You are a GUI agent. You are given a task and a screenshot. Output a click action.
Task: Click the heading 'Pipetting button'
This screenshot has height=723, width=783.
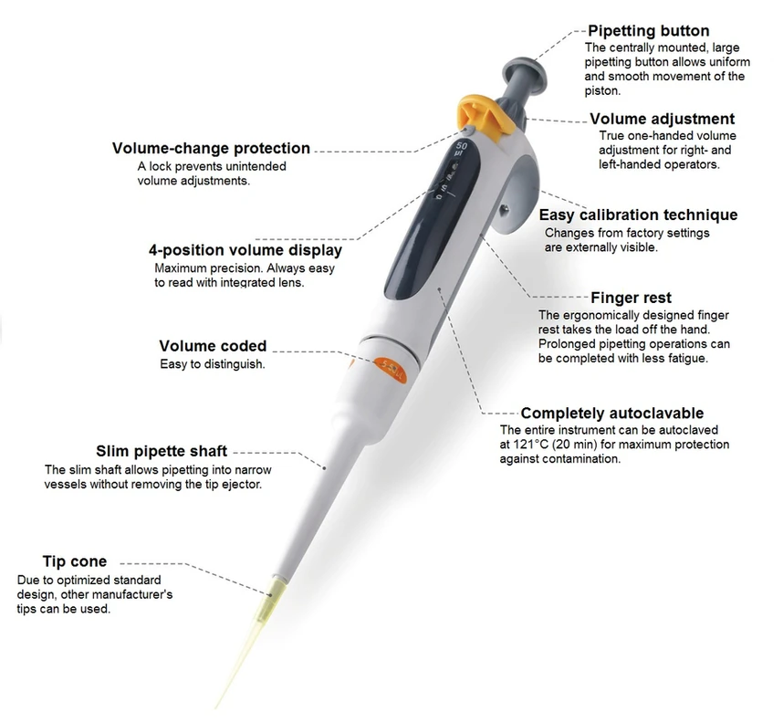pyautogui.click(x=648, y=31)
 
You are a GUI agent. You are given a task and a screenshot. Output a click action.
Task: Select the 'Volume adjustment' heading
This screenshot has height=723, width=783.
pyautogui.click(x=662, y=119)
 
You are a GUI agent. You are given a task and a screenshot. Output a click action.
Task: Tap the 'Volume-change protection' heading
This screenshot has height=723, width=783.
pyautogui.click(x=211, y=149)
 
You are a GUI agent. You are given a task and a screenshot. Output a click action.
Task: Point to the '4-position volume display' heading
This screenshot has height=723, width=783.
pyautogui.click(x=245, y=250)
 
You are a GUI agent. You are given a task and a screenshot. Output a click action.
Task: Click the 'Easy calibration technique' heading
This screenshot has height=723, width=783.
pyautogui.click(x=638, y=215)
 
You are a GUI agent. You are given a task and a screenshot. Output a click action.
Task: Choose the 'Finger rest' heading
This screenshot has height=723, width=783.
pyautogui.click(x=631, y=298)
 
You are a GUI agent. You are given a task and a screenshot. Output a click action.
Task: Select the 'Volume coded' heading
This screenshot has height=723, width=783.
pyautogui.click(x=213, y=346)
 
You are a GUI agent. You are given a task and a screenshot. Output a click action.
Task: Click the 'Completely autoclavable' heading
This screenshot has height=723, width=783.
pyautogui.click(x=611, y=414)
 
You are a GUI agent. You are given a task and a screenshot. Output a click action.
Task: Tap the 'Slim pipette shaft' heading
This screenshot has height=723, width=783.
pyautogui.click(x=162, y=451)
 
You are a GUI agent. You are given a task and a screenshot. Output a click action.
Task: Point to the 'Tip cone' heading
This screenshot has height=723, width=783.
pyautogui.click(x=75, y=561)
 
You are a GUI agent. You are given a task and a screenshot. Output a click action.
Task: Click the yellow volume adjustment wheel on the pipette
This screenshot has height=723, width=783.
pyautogui.click(x=480, y=114)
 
